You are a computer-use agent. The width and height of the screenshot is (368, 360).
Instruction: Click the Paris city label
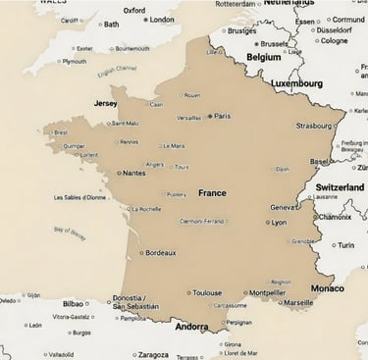coord(223,116)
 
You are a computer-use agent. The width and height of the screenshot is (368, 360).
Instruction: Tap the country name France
coord(212,193)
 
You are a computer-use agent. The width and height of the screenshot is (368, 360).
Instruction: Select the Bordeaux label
coord(160,253)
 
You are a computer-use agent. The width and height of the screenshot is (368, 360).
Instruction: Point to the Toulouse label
coord(206,292)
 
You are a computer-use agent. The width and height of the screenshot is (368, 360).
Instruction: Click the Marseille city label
coord(298,302)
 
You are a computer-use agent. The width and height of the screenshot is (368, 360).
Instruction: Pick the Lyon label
coord(280,223)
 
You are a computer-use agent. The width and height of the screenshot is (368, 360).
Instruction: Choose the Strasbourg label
coord(314,126)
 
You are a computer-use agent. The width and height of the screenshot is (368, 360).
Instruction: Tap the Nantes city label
coord(134,173)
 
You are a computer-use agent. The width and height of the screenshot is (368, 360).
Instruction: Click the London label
coord(162,20)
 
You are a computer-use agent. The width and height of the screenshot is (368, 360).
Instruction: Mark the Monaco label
coord(327,288)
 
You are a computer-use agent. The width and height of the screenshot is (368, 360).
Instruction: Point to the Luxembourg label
coord(297,84)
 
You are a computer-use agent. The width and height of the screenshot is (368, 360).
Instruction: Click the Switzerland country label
coord(340,186)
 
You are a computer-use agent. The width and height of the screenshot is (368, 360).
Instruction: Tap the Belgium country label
coord(263,58)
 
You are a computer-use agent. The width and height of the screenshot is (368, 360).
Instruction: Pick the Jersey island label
coord(105,103)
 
